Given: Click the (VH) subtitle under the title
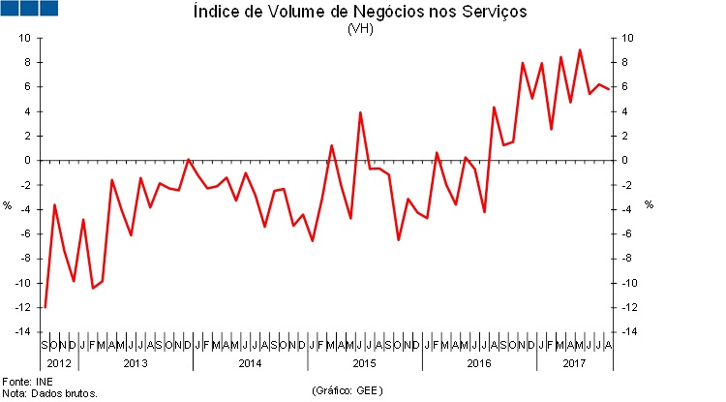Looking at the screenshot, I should (x=360, y=28).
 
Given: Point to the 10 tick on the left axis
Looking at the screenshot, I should (x=25, y=38).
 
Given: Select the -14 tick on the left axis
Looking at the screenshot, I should (x=23, y=332).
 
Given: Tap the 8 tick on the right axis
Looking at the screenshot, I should (x=627, y=62).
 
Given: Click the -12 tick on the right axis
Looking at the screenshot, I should (x=631, y=308).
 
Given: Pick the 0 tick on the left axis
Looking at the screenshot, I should (x=28, y=161).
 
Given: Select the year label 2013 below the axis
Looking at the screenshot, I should (x=135, y=363).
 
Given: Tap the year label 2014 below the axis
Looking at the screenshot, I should (x=249, y=363).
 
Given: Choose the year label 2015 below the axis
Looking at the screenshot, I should (x=363, y=363).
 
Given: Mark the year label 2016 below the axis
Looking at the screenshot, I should (x=478, y=363).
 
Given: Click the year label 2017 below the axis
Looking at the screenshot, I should (x=574, y=363).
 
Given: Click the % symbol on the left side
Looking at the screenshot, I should (x=9, y=204).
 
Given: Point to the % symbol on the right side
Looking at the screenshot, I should (x=649, y=204).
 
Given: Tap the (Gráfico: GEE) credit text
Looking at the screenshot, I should (x=348, y=390).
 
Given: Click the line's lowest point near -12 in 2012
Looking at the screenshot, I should (x=45, y=307).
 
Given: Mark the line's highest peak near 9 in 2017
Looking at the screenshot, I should (x=580, y=49).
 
